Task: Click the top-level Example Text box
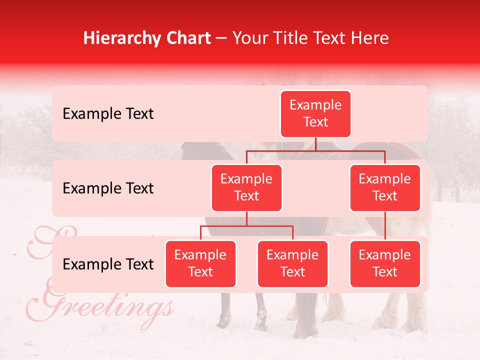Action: [x=315, y=114]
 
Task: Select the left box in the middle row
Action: [x=246, y=188]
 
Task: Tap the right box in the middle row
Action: [x=385, y=188]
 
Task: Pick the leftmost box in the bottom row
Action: [x=200, y=264]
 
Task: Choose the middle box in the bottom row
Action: [x=292, y=264]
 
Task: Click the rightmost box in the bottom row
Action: [x=385, y=264]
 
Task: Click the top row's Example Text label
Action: [x=108, y=114]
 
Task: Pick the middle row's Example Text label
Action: [x=108, y=188]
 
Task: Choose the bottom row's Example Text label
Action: [x=108, y=264]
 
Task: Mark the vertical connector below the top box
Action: [x=315, y=144]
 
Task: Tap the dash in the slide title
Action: [x=221, y=38]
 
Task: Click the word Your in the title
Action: [x=249, y=38]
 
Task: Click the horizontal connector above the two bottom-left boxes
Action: [x=246, y=226]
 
